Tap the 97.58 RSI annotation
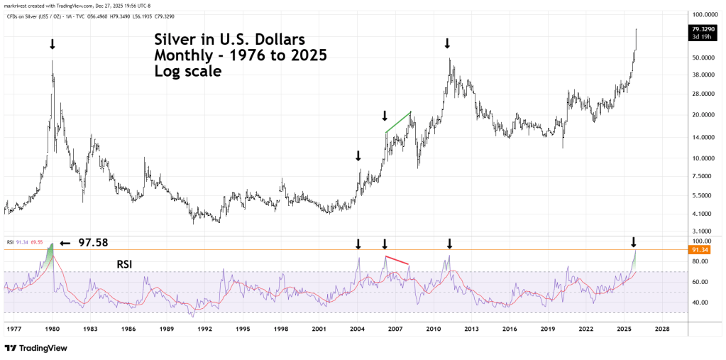pos(92,243)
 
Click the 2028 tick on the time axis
pos(661,329)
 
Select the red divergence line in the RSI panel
pos(397,260)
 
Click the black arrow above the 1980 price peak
pos(52,45)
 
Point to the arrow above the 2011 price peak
pos(447,44)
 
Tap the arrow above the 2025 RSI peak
pos(634,241)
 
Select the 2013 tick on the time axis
pos(471,329)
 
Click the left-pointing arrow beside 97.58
pos(65,243)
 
